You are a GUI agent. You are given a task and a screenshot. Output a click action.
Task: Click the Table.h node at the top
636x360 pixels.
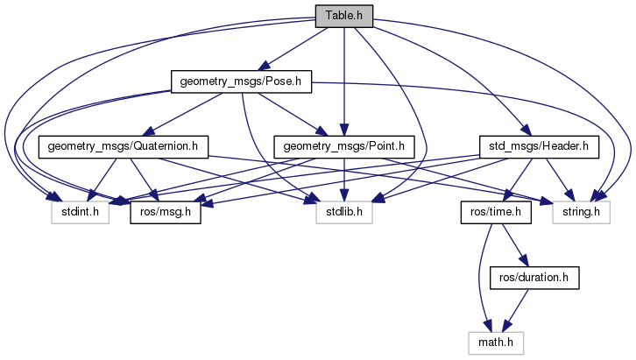(x=344, y=15)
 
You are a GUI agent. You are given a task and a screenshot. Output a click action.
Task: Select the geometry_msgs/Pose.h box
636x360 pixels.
(x=241, y=82)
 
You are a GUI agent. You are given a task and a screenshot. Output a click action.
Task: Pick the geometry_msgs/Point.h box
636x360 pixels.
(x=345, y=146)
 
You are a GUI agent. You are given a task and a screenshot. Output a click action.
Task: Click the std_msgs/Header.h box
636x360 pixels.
(x=538, y=146)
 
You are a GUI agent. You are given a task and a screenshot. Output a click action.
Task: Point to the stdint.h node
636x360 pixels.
(x=79, y=211)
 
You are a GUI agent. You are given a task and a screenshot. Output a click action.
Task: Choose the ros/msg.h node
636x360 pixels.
(x=166, y=211)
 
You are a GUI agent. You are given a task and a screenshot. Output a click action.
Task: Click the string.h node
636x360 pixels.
(x=581, y=211)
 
